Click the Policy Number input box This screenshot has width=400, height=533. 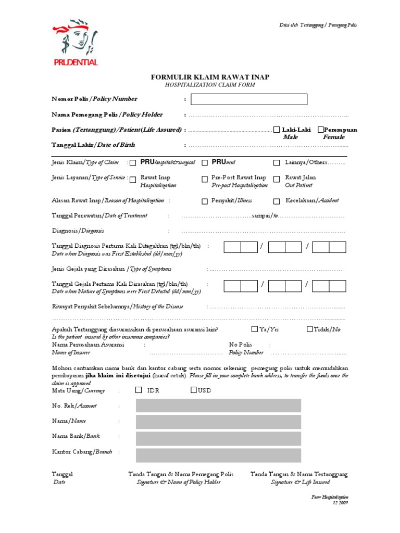[x=249, y=99]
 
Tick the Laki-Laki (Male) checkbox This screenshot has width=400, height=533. [x=276, y=130]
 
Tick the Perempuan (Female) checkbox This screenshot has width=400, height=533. [x=320, y=130]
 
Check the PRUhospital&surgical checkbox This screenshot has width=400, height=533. [x=133, y=162]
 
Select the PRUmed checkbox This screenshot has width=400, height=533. [x=205, y=162]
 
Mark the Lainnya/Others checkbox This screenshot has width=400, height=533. [x=277, y=162]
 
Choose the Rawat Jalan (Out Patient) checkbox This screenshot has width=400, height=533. [x=277, y=179]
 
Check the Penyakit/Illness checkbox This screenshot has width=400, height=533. [x=205, y=201]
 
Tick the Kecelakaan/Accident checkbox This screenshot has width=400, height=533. [x=277, y=201]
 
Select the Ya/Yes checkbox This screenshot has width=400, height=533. [x=254, y=329]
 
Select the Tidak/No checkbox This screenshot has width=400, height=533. [x=310, y=329]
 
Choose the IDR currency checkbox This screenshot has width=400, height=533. [x=138, y=390]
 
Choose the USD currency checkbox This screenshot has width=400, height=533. [x=193, y=390]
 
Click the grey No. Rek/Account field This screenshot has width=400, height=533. [x=218, y=405]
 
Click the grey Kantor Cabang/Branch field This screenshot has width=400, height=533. [x=218, y=455]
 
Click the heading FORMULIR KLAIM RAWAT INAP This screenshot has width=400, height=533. [x=210, y=77]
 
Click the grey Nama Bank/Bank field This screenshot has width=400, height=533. [x=218, y=438]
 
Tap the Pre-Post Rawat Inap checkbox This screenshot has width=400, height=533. [x=205, y=179]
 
